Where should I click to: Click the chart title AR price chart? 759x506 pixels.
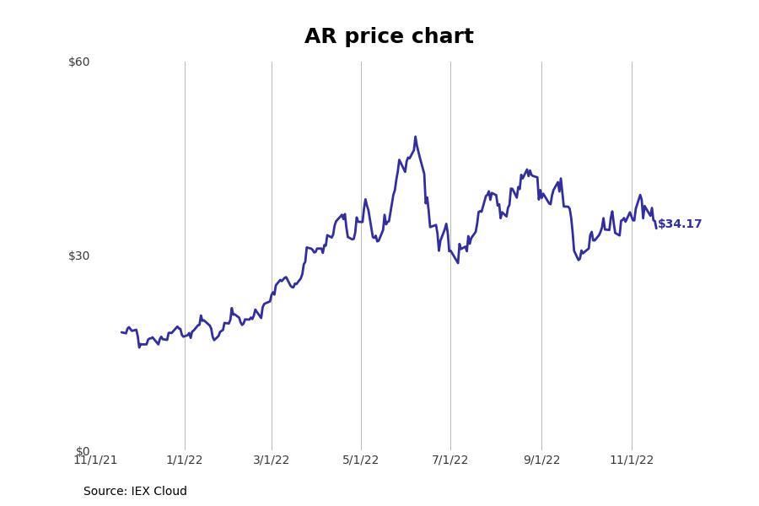tap(389, 37)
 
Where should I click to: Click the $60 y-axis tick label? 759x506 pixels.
tap(78, 62)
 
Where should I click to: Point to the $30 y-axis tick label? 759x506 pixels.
tap(78, 256)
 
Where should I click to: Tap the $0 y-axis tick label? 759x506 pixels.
tap(82, 451)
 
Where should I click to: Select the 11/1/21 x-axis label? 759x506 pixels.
tap(95, 460)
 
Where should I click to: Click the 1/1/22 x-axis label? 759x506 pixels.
tap(185, 460)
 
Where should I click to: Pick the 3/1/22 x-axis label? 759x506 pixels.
tap(272, 460)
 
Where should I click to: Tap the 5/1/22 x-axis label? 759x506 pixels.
tap(361, 460)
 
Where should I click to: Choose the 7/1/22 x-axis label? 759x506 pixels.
tap(450, 460)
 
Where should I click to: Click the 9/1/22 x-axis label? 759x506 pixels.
tap(541, 460)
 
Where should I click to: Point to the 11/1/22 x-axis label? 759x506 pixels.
tap(632, 460)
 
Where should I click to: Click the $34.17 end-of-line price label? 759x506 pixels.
tap(679, 224)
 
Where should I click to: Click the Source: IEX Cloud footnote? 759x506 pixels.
tap(135, 492)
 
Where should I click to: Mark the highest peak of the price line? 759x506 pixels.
tap(415, 137)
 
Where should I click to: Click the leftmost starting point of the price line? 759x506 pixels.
tap(121, 332)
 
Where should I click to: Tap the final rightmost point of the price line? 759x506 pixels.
tap(655, 228)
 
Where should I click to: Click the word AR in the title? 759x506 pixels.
tap(320, 37)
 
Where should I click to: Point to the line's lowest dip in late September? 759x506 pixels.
tap(579, 259)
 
